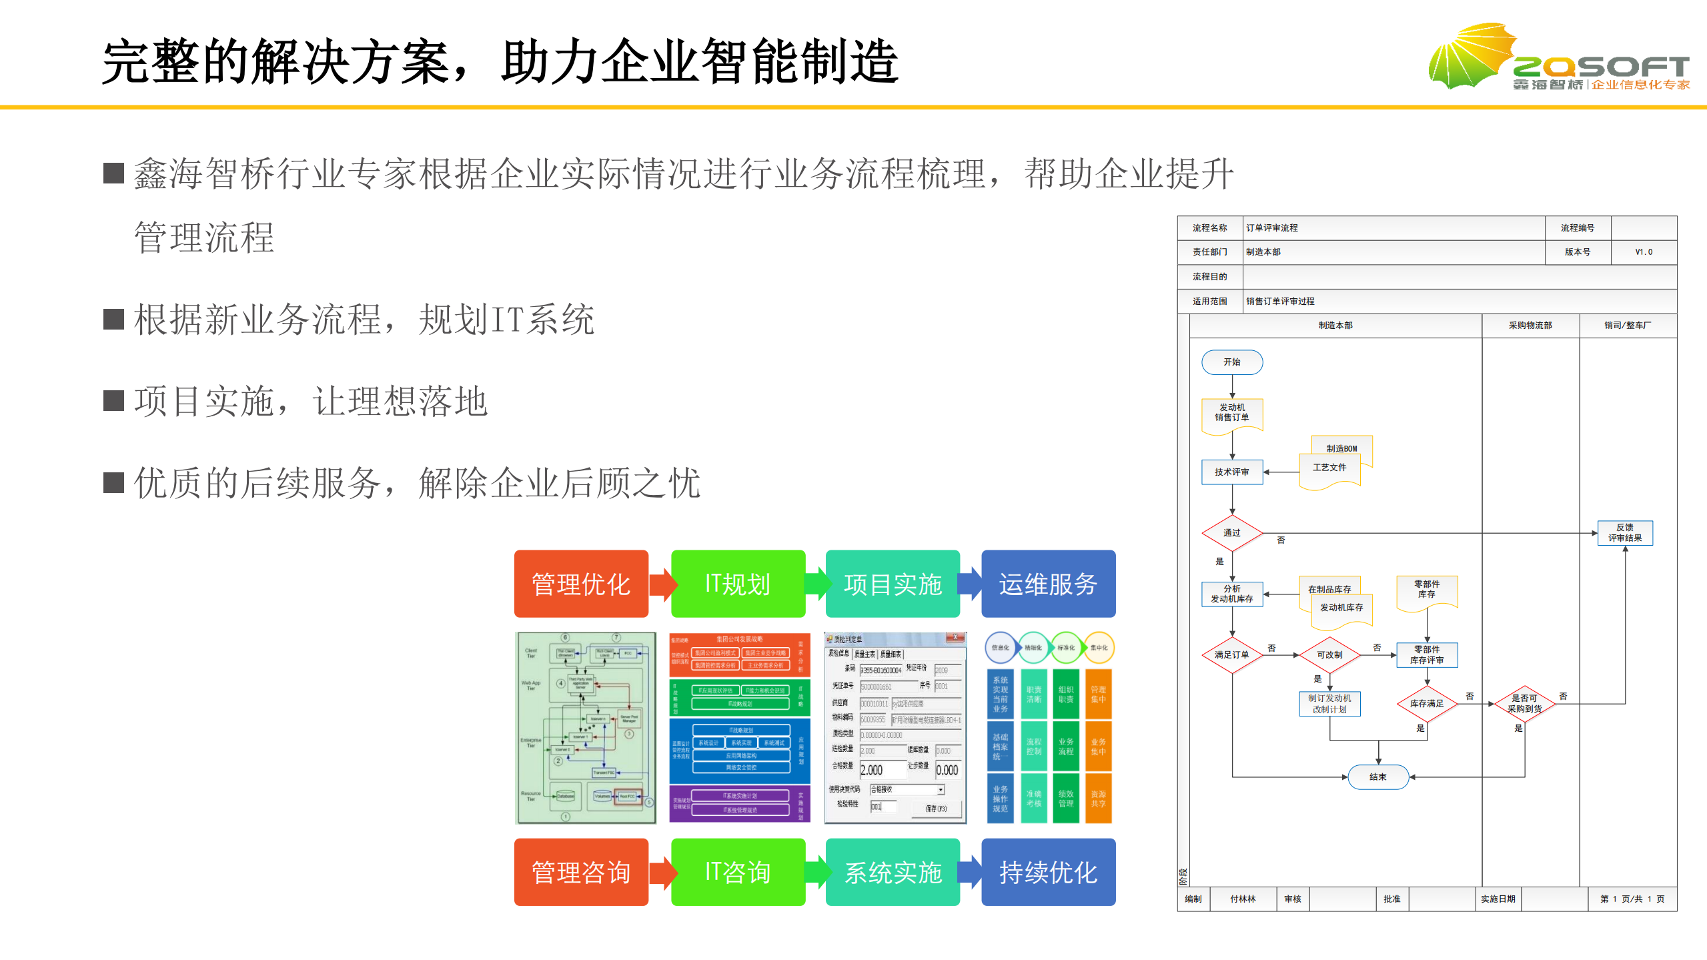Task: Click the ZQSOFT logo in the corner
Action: click(x=1558, y=59)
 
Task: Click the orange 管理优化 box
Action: click(x=580, y=584)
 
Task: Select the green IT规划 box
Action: click(x=737, y=584)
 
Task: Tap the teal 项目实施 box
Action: click(x=892, y=584)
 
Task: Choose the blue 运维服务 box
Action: click(x=1047, y=584)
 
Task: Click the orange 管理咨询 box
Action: click(x=580, y=872)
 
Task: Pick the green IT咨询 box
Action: click(x=737, y=872)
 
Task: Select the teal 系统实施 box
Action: click(x=892, y=872)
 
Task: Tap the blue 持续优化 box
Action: click(x=1047, y=872)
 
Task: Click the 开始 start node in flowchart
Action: click(x=1231, y=362)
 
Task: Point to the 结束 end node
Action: click(x=1377, y=777)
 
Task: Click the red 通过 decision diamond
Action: click(x=1231, y=533)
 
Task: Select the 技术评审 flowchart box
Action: click(x=1231, y=472)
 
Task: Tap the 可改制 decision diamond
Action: click(x=1329, y=655)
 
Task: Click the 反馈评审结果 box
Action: click(x=1624, y=533)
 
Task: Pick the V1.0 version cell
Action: click(x=1643, y=252)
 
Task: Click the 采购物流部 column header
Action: click(x=1530, y=326)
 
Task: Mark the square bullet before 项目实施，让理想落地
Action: click(x=114, y=401)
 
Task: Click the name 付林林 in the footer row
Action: click(x=1242, y=899)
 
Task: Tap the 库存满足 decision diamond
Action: click(x=1426, y=704)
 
